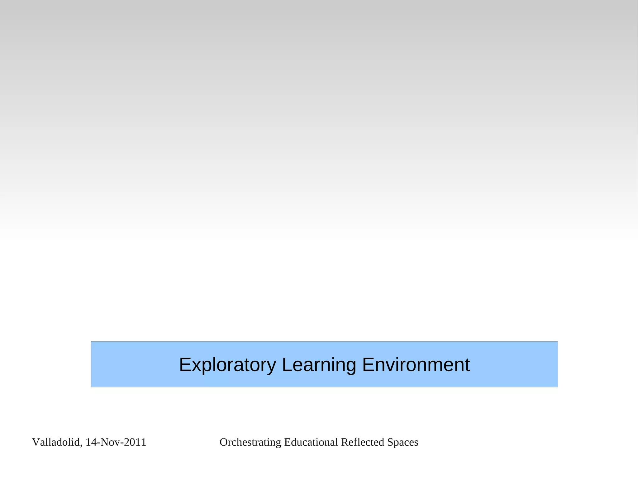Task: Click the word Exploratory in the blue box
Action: coord(227,365)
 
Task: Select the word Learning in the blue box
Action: coord(319,365)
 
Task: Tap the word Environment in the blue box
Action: coord(416,365)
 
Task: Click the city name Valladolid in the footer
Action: coord(56,442)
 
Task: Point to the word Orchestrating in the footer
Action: coord(250,442)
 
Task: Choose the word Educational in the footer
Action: coord(311,442)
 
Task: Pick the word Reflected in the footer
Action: coord(362,442)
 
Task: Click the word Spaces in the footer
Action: coord(402,442)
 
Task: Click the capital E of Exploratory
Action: coord(185,365)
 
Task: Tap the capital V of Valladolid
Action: coord(36,442)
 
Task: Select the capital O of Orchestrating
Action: coord(223,442)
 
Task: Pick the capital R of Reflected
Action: coord(344,442)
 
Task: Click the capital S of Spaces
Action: coord(390,442)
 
